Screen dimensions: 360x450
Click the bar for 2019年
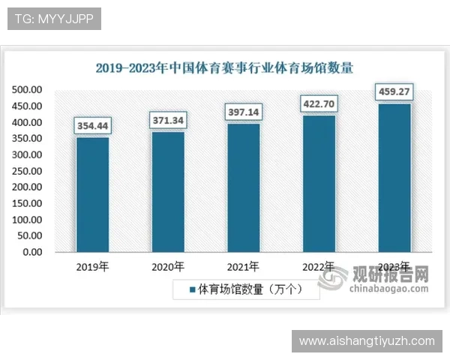93,194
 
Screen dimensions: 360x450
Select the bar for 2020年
168,191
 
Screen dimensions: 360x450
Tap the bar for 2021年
244,187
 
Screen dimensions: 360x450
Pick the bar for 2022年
319,183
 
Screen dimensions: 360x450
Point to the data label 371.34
168,120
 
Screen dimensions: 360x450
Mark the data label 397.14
244,112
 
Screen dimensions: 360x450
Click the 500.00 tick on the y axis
27,90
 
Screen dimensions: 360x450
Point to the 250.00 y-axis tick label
27,171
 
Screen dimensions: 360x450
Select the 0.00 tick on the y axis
32,252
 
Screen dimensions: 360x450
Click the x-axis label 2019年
93,267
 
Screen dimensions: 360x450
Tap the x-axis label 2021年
244,267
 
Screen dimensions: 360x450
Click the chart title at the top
224,67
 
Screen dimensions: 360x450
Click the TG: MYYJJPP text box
54,19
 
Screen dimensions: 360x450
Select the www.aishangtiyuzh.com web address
367,340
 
